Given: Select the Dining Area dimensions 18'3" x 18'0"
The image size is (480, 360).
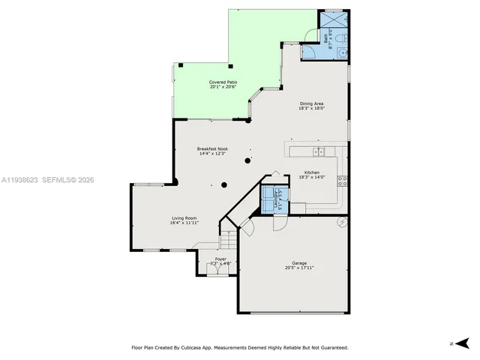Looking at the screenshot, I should pyautogui.click(x=311, y=108).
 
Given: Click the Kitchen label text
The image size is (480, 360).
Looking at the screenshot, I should pyautogui.click(x=311, y=172).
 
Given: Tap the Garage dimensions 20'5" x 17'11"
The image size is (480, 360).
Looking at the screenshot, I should pyautogui.click(x=298, y=268).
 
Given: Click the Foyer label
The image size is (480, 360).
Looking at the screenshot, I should pyautogui.click(x=220, y=259).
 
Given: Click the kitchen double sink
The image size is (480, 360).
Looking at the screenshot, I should pyautogui.click(x=318, y=152).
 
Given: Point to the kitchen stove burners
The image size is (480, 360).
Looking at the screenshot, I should pyautogui.click(x=343, y=180).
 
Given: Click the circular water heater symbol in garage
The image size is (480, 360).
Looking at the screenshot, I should pyautogui.click(x=343, y=221).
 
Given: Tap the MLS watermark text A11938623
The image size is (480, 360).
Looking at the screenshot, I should pyautogui.click(x=21, y=180).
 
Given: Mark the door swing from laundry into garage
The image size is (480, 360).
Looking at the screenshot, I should pyautogui.click(x=279, y=223).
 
